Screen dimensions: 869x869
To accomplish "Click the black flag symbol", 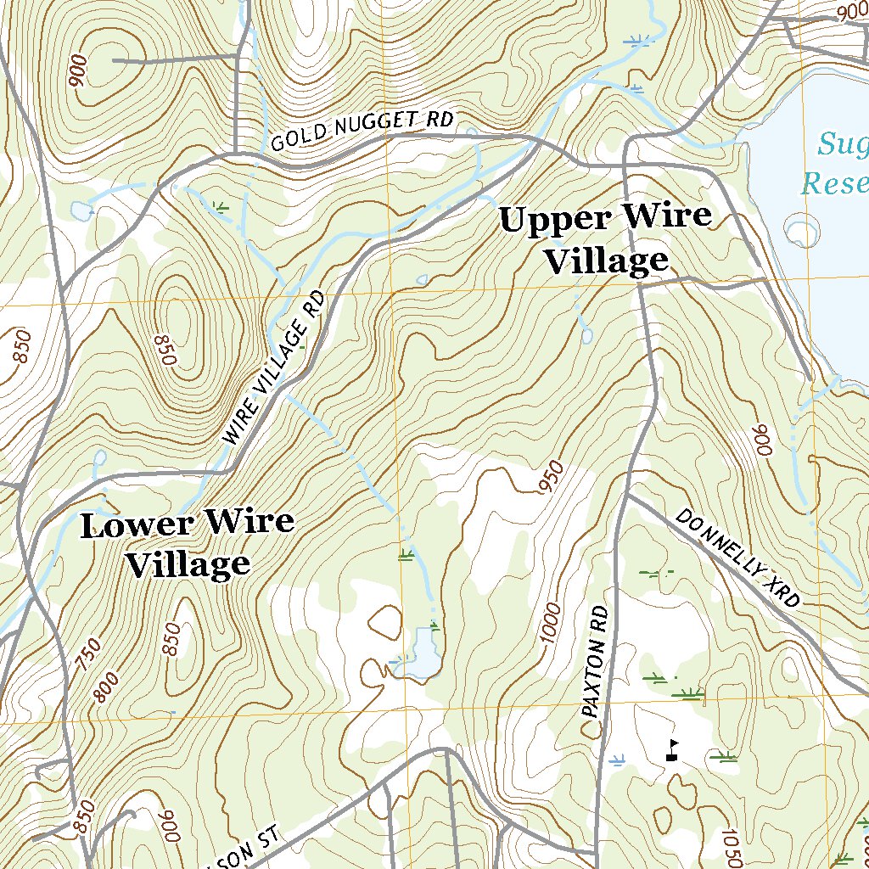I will click(x=672, y=749).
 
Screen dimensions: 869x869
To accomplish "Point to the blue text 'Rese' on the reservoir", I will click(x=835, y=182).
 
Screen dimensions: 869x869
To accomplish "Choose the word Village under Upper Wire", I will click(x=606, y=261).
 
